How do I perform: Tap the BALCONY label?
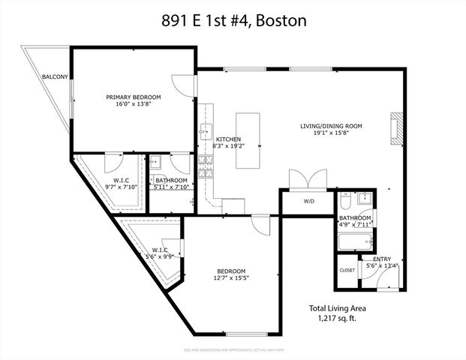click(x=55, y=77)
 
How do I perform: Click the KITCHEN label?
click(x=228, y=139)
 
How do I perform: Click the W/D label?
click(x=309, y=201)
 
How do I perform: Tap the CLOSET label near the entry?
click(x=347, y=270)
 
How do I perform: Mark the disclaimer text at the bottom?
click(x=233, y=349)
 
